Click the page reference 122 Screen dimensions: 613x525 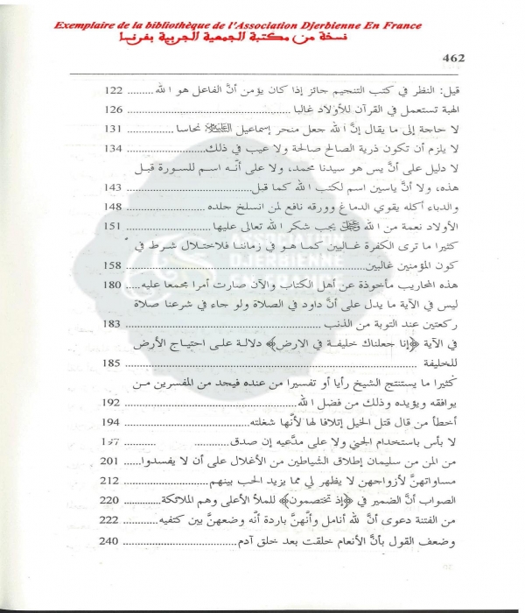pyautogui.click(x=115, y=90)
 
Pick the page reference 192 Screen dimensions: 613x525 pyautogui.click(x=115, y=405)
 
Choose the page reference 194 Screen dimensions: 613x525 pyautogui.click(x=115, y=424)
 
